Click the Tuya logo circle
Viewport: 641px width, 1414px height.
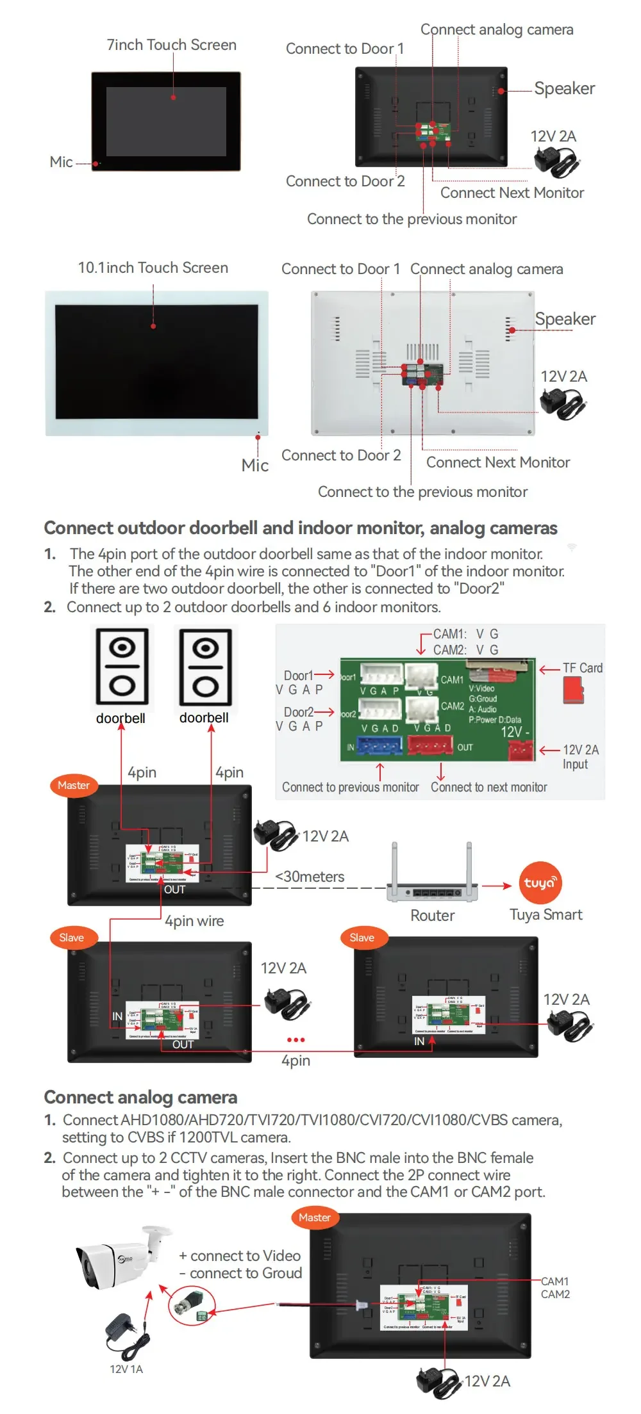[540, 883]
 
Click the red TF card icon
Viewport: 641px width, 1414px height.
[574, 690]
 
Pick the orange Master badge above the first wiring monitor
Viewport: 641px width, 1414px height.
[74, 785]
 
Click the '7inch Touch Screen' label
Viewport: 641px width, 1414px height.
[171, 45]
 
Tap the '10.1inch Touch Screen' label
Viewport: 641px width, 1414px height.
[153, 268]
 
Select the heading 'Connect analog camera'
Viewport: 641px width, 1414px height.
[140, 1098]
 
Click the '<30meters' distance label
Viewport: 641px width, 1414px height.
[310, 877]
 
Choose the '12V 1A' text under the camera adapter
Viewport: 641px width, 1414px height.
[126, 1369]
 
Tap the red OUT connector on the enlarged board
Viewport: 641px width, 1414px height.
[431, 745]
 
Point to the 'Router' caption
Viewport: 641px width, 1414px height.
[433, 916]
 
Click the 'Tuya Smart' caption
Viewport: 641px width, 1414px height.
[545, 914]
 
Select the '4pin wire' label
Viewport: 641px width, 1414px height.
[194, 921]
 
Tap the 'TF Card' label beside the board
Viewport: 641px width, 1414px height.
[582, 668]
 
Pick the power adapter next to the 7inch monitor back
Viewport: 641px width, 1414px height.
[556, 161]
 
